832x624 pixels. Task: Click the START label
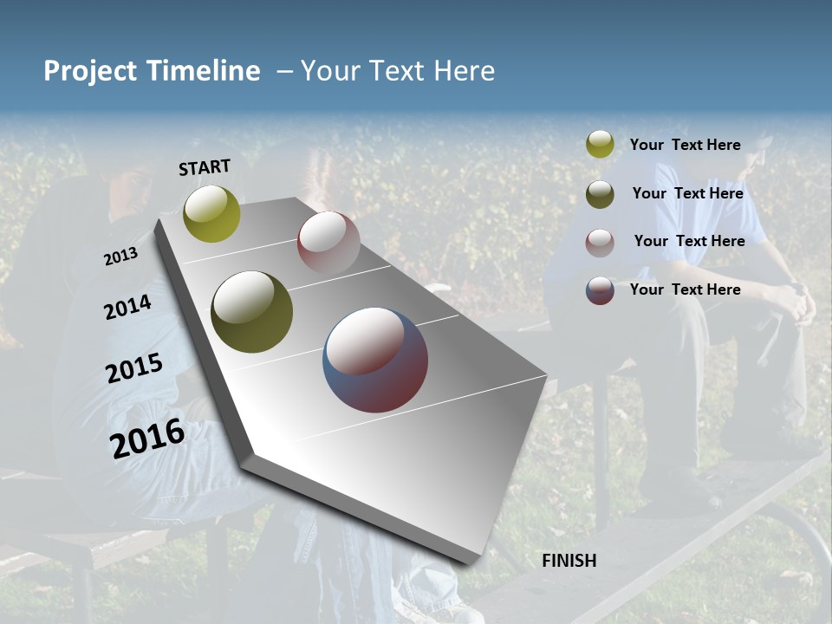(205, 167)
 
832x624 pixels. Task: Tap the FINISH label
(569, 561)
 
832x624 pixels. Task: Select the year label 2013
(121, 256)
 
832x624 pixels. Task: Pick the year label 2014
(127, 308)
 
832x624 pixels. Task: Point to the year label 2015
(134, 369)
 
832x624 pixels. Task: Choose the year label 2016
(147, 438)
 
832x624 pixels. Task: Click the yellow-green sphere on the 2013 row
(212, 214)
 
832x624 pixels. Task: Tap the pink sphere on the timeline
(328, 242)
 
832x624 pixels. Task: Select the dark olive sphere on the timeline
(252, 312)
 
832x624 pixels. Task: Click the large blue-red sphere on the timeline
(375, 360)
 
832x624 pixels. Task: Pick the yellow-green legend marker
(600, 145)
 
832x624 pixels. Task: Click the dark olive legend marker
(600, 193)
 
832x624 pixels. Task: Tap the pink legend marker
(600, 242)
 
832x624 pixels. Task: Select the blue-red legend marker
(600, 290)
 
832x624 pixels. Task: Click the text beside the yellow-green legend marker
(685, 145)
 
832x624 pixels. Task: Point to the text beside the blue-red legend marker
(685, 289)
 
